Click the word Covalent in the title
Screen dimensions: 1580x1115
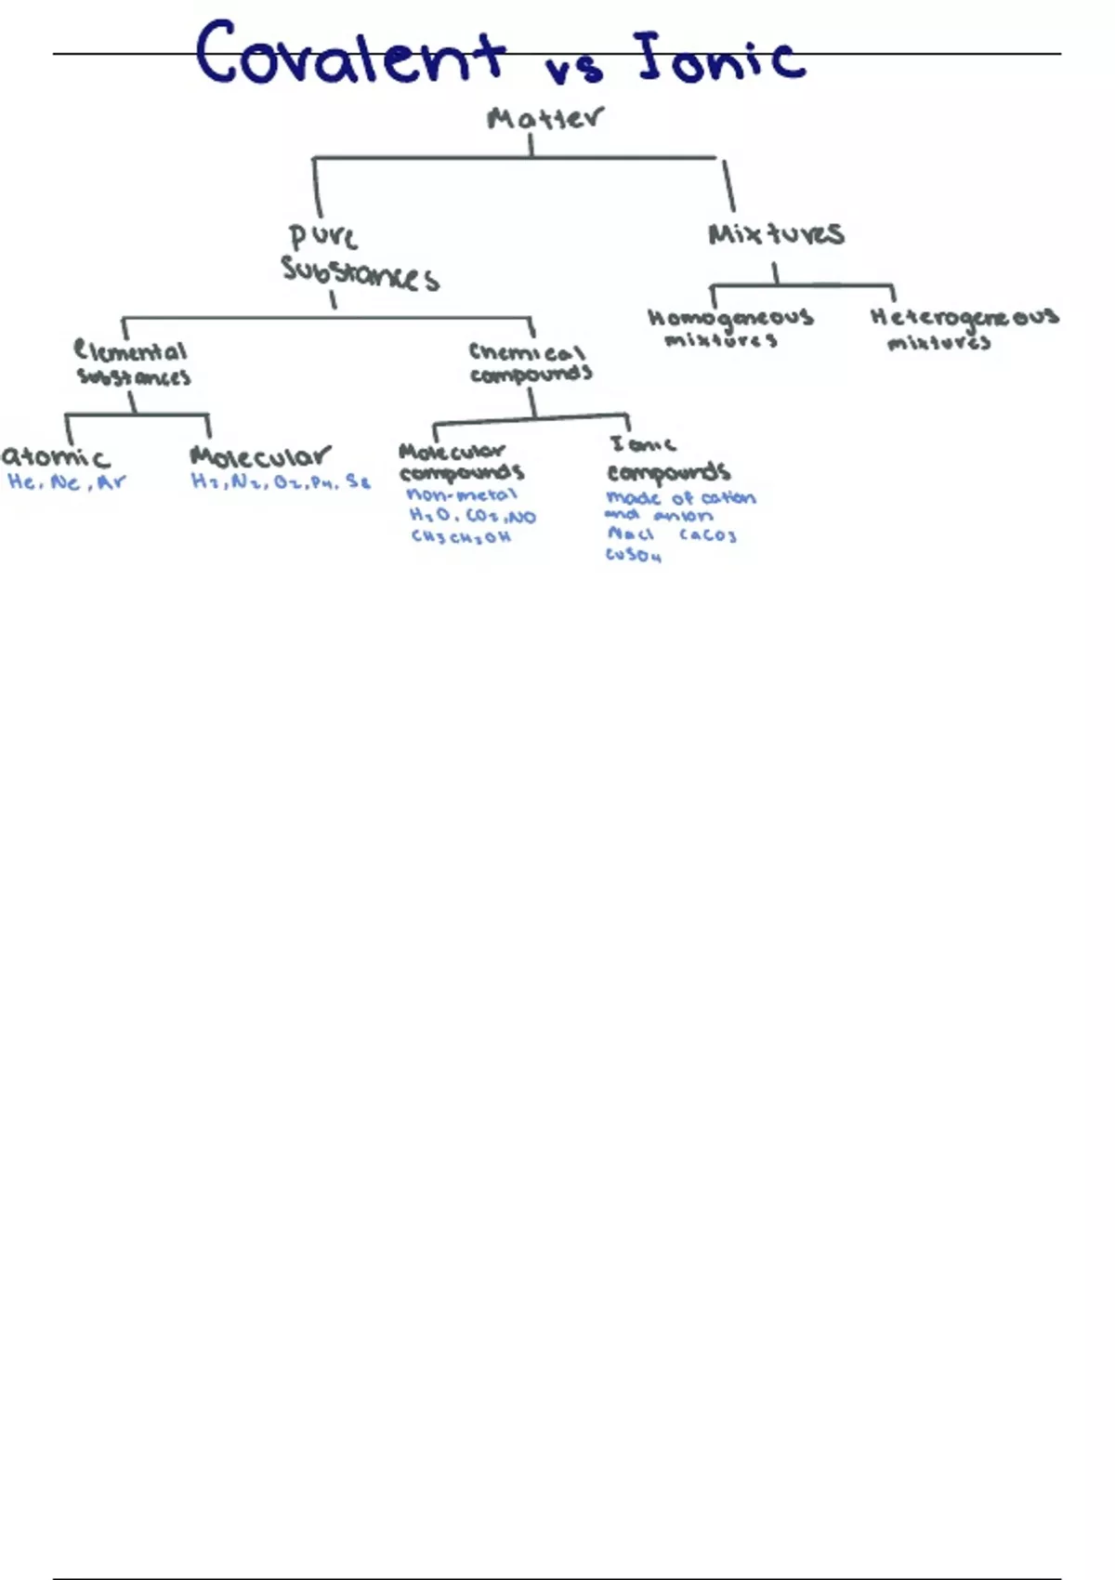350,54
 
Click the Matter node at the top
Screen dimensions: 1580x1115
544,118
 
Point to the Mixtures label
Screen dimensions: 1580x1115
776,233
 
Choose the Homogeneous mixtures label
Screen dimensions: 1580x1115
729,328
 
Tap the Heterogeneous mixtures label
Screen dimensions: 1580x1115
963,329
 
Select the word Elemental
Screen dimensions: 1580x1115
131,351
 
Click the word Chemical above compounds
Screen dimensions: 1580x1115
527,352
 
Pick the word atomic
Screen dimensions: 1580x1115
56,457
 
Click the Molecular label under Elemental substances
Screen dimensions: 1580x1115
259,456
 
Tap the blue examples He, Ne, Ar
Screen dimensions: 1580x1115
66,482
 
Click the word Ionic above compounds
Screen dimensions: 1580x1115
642,444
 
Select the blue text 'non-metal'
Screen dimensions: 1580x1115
462,495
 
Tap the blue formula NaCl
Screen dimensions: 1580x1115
631,534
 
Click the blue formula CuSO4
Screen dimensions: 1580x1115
634,556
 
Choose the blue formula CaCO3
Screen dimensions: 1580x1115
708,535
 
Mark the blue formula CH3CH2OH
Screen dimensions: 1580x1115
461,537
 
